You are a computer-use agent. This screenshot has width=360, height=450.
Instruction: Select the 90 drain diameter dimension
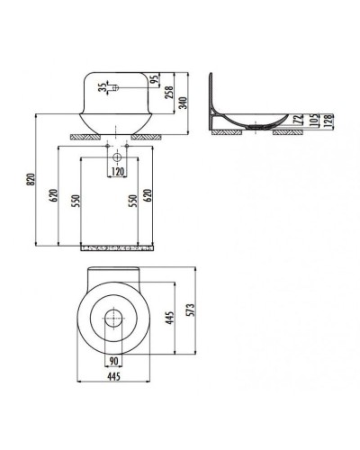[x=114, y=363]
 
